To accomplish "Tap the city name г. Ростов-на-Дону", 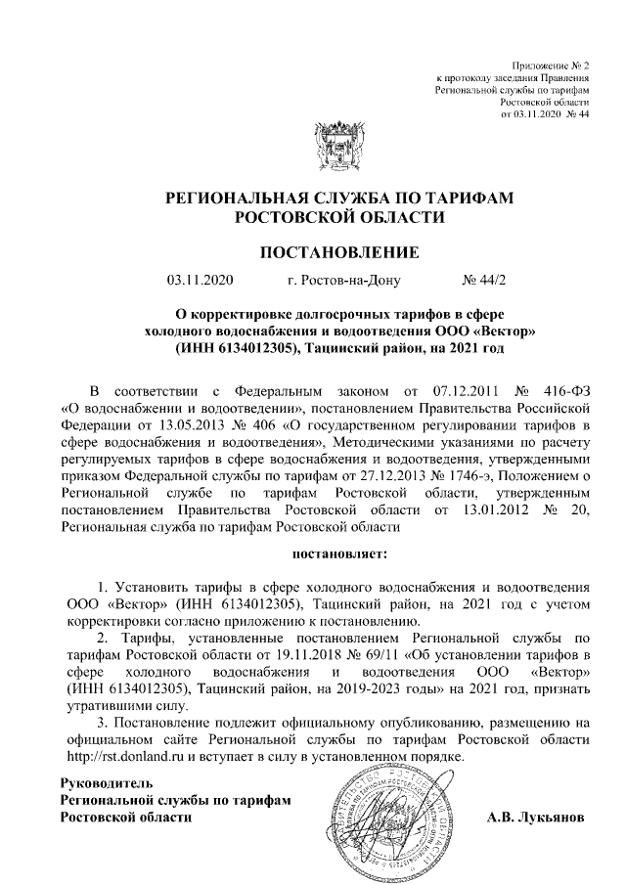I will coord(344,283).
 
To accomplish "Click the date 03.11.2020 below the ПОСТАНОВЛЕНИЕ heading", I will coord(201,283).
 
